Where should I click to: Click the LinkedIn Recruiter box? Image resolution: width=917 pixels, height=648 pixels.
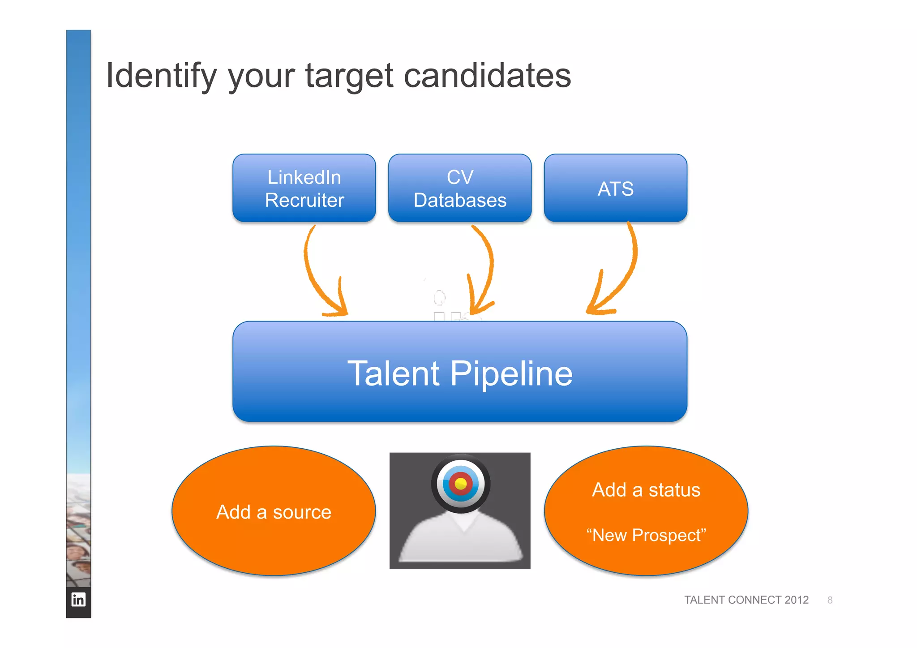point(304,188)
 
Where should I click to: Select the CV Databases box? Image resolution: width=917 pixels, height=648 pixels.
point(460,188)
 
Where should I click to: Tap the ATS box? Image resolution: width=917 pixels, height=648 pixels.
point(615,188)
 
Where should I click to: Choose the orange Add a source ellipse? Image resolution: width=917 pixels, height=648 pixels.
point(274,511)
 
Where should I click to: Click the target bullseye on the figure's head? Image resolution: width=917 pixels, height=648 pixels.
point(460,484)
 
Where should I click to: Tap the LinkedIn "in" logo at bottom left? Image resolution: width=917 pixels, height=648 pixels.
point(78,599)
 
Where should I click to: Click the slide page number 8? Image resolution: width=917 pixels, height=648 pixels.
point(830,600)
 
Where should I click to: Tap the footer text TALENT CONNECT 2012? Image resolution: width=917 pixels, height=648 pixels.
point(746,600)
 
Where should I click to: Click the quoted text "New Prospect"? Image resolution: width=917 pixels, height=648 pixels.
point(646,535)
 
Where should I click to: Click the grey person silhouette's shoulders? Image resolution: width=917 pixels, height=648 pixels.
point(460,542)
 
